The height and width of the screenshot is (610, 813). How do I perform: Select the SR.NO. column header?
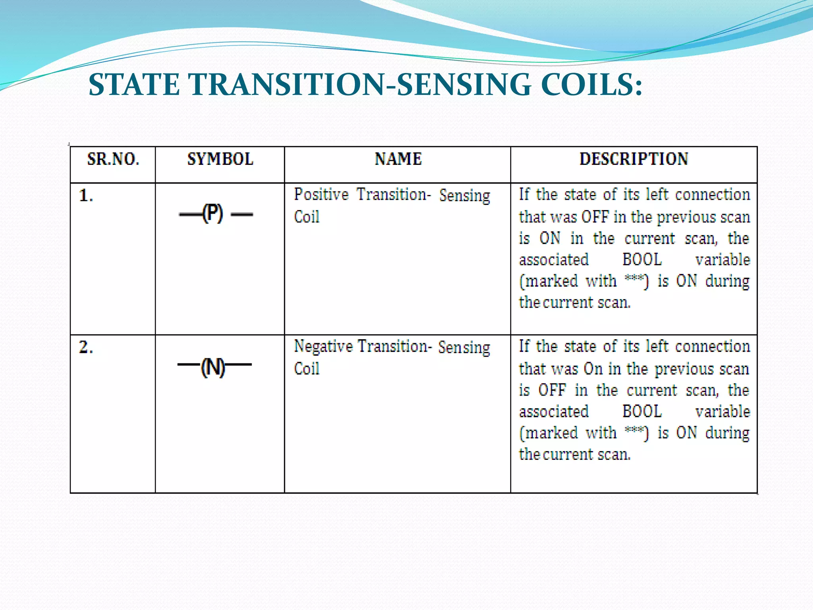click(113, 159)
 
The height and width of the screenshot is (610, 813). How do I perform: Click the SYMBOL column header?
click(220, 159)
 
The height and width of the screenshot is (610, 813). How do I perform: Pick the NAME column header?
click(398, 159)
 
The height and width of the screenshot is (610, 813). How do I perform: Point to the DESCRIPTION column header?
click(634, 159)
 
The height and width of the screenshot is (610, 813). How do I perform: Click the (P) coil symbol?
click(213, 214)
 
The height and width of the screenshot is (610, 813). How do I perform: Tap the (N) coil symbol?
click(213, 367)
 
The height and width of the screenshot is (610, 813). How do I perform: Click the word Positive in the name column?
click(321, 195)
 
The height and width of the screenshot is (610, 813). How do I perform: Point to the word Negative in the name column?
click(323, 347)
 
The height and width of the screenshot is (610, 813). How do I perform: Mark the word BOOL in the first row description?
click(642, 260)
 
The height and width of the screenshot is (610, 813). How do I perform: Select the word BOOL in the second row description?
click(642, 411)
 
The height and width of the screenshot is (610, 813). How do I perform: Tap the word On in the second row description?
click(593, 369)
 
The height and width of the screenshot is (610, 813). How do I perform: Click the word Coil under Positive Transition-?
click(306, 217)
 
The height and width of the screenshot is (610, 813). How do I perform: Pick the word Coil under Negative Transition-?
click(306, 369)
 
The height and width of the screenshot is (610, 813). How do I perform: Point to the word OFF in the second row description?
click(552, 390)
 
